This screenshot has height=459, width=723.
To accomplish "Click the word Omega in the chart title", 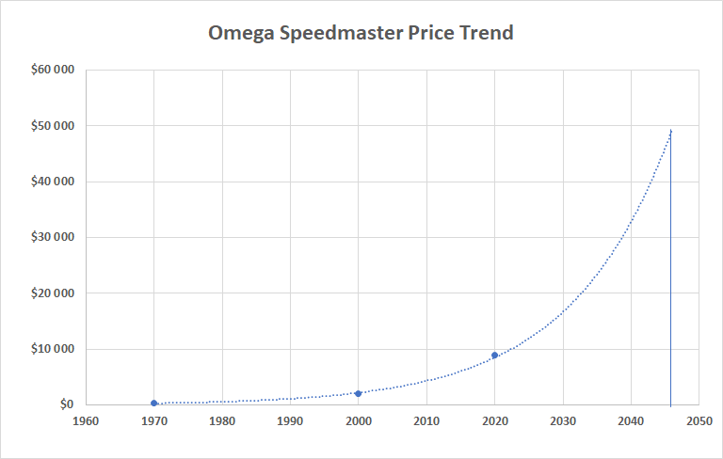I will pyautogui.click(x=240, y=33).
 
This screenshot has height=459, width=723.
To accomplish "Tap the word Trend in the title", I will pyautogui.click(x=487, y=33).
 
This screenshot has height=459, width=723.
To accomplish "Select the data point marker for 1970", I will pyautogui.click(x=153, y=403).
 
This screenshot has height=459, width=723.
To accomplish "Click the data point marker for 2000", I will pyautogui.click(x=358, y=393).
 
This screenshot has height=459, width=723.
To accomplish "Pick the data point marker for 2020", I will pyautogui.click(x=494, y=356).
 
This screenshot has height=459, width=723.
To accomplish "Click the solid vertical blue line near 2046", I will pyautogui.click(x=671, y=282).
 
